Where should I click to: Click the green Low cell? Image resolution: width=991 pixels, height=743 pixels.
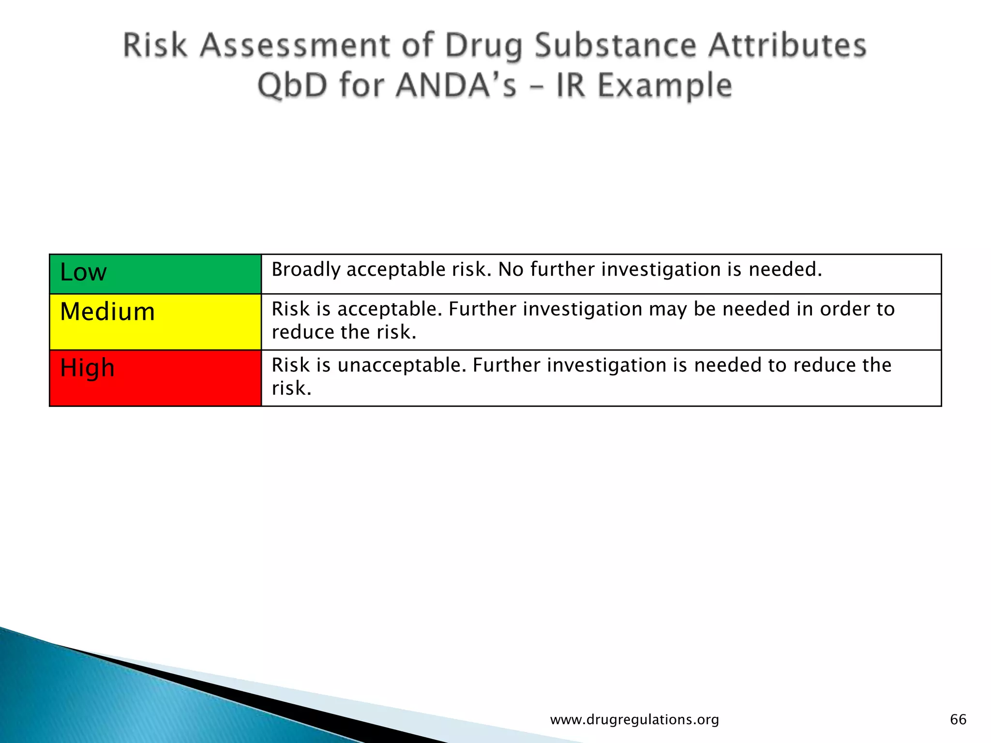coord(155,274)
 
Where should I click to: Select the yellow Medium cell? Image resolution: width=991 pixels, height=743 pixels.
coord(155,322)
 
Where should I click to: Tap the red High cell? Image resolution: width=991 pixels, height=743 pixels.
coord(155,378)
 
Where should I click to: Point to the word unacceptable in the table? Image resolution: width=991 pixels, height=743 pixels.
coord(402,365)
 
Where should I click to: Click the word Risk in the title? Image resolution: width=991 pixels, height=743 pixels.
coord(155,45)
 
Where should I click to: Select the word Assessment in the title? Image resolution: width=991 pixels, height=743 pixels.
coord(294,45)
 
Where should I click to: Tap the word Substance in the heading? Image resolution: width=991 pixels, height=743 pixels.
coord(615,45)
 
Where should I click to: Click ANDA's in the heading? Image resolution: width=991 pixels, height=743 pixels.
coord(456,86)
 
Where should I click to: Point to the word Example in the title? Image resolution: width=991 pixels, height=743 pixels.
coord(665,86)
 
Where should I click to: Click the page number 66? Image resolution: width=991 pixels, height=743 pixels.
coord(958,719)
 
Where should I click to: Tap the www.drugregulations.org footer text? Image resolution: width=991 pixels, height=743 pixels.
coord(634,720)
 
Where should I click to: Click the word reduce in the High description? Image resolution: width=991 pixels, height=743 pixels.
coord(824,365)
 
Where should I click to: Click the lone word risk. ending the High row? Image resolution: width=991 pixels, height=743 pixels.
coord(291,388)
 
